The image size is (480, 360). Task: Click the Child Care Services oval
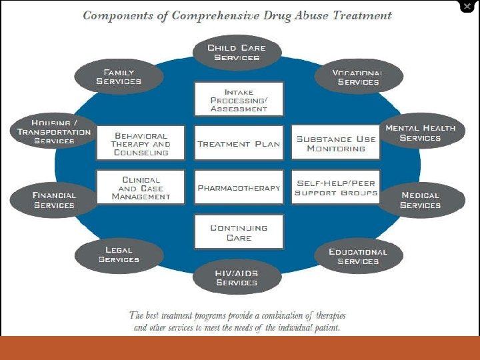pyautogui.click(x=237, y=53)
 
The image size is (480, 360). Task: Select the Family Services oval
pyautogui.click(x=119, y=77)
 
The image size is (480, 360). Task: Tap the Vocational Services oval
pyautogui.click(x=358, y=77)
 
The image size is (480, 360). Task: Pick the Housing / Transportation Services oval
pyautogui.click(x=55, y=132)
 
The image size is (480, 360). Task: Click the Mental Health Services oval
pyautogui.click(x=420, y=133)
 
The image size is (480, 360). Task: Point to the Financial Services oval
pyautogui.click(x=55, y=200)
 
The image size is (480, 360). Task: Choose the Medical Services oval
pyautogui.click(x=420, y=200)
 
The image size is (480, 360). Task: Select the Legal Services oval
pyautogui.click(x=119, y=255)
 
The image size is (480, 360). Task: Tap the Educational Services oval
pyautogui.click(x=358, y=256)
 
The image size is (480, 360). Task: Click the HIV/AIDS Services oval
pyautogui.click(x=237, y=278)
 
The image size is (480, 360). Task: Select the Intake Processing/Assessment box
pyautogui.click(x=239, y=99)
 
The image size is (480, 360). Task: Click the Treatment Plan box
pyautogui.click(x=239, y=143)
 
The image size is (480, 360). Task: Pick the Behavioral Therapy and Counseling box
pyautogui.click(x=141, y=143)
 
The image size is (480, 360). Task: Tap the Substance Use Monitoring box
pyautogui.click(x=336, y=143)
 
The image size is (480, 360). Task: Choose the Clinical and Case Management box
pyautogui.click(x=141, y=188)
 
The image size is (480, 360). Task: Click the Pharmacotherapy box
pyautogui.click(x=239, y=188)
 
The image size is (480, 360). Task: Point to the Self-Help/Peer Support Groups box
pyautogui.click(x=336, y=188)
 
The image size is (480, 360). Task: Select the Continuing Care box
pyautogui.click(x=239, y=232)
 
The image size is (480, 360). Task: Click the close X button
pyautogui.click(x=467, y=7)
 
